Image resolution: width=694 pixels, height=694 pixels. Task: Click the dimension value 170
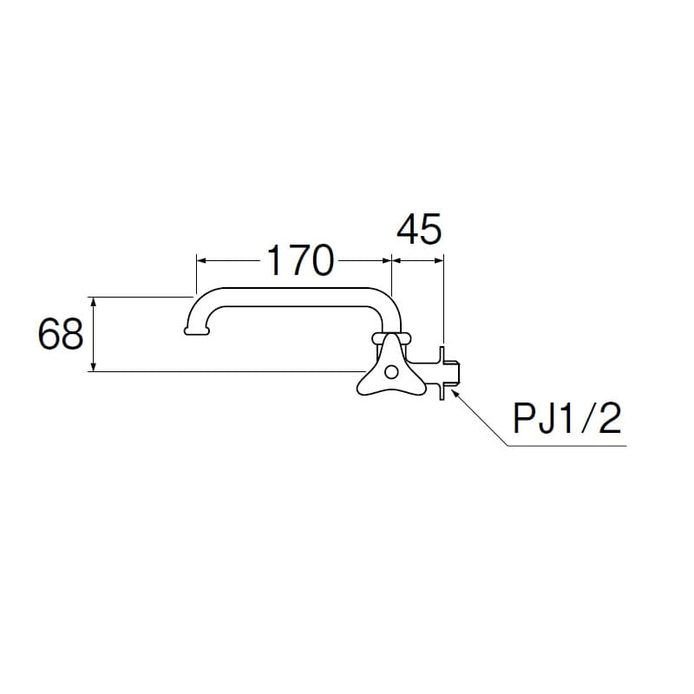click(300, 261)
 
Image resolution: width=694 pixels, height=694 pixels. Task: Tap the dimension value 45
click(419, 229)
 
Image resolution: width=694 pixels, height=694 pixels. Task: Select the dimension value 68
click(61, 334)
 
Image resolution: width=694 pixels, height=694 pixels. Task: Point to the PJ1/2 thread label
click(567, 418)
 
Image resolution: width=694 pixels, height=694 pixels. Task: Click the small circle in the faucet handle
click(391, 372)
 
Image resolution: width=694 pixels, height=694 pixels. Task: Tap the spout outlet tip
click(197, 331)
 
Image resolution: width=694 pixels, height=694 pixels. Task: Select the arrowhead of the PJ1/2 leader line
click(455, 393)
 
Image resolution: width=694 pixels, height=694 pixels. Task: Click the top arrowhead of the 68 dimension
click(94, 302)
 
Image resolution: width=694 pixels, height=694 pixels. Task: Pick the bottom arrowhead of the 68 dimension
click(94, 366)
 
